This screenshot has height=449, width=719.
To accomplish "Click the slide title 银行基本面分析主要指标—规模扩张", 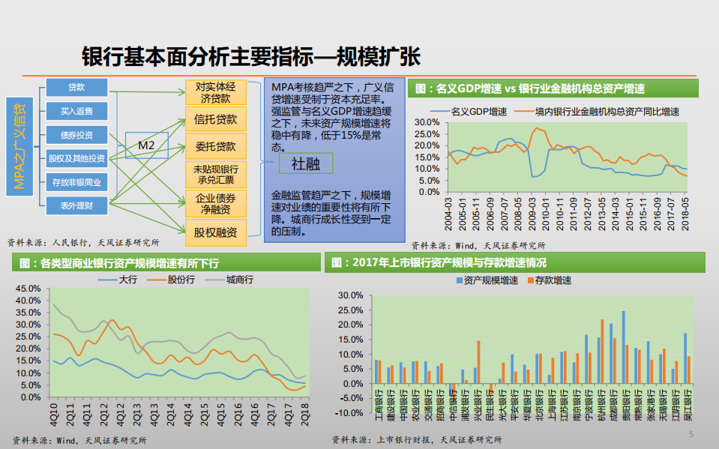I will click(251, 57).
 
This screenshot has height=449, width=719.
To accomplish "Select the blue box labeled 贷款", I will click(76, 88).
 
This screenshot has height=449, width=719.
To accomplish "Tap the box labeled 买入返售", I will click(76, 111).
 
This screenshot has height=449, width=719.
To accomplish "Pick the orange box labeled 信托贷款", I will click(215, 118).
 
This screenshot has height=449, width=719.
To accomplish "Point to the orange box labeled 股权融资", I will click(215, 232).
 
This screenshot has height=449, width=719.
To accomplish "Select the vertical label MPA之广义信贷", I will click(20, 145).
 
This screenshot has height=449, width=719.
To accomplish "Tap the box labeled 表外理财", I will click(76, 205).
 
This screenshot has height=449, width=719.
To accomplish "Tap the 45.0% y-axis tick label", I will click(27, 288).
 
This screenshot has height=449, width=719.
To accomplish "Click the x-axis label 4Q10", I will click(54, 412).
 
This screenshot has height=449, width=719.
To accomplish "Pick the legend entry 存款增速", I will click(552, 280).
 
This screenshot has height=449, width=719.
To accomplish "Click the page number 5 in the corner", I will click(691, 435).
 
